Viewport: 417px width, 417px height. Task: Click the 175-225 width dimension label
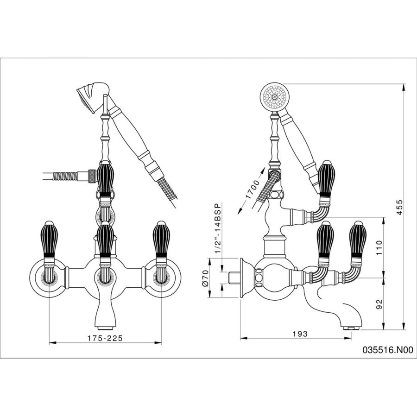[x=105, y=338]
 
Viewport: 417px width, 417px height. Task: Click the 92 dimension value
[x=379, y=304]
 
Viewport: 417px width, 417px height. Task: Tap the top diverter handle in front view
[x=105, y=178]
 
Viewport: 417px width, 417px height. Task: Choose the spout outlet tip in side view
[x=351, y=327]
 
